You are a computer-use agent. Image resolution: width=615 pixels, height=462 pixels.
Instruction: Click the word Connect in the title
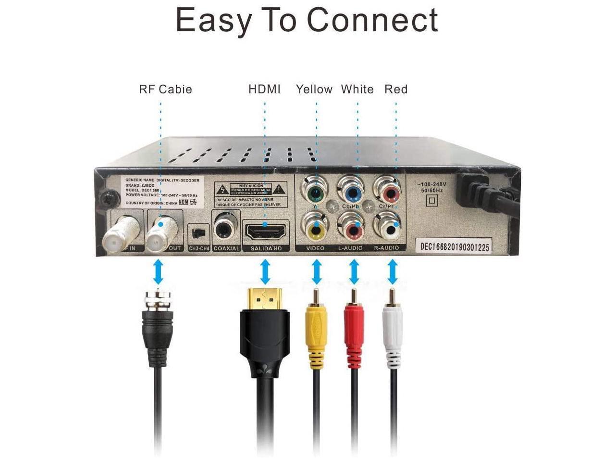pyautogui.click(x=372, y=20)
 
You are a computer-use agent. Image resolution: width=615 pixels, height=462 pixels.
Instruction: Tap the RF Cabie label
pyautogui.click(x=165, y=89)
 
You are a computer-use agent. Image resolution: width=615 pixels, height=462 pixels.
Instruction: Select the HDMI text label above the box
pyautogui.click(x=264, y=89)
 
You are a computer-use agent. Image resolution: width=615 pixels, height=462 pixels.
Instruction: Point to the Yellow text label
pyautogui.click(x=314, y=89)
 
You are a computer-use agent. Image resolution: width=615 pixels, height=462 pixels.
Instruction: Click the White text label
pyautogui.click(x=357, y=89)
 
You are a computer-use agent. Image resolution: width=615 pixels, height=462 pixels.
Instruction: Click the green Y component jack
pyautogui.click(x=315, y=192)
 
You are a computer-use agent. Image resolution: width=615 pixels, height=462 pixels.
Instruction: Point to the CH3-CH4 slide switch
pyautogui.click(x=197, y=233)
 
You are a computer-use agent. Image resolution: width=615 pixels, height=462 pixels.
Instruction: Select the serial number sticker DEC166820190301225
pyautogui.click(x=455, y=247)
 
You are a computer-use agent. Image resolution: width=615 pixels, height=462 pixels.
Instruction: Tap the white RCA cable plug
pyautogui.click(x=392, y=332)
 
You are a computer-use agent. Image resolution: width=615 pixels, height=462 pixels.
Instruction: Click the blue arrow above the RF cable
pyautogui.click(x=158, y=272)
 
